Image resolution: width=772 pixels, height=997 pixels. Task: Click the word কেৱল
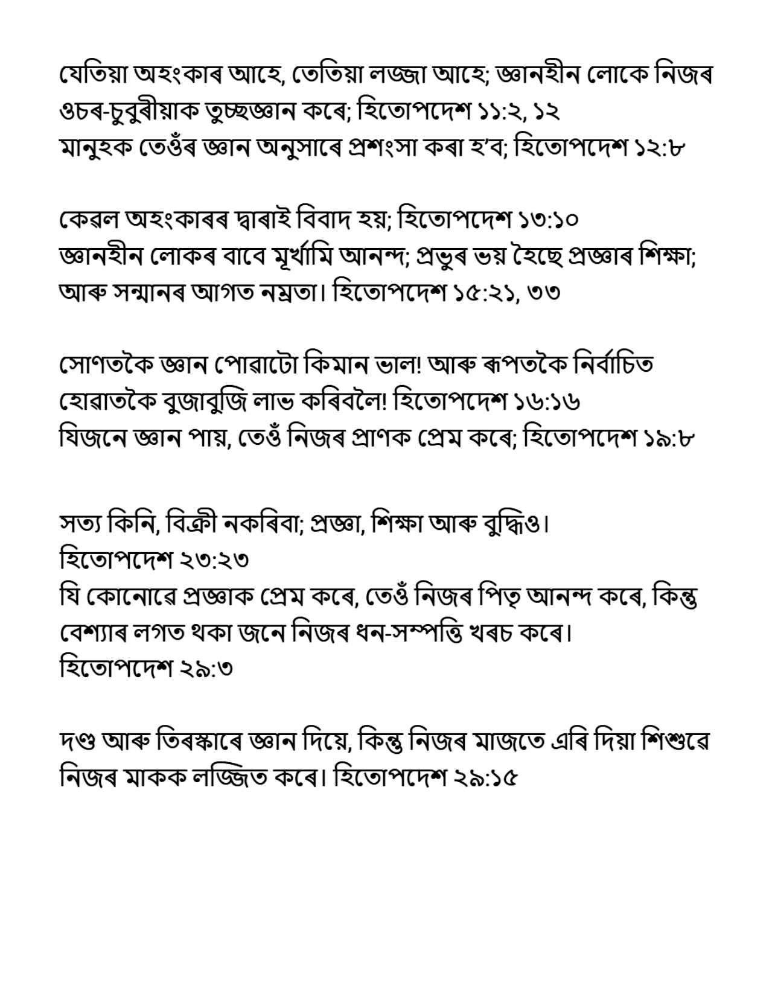89,220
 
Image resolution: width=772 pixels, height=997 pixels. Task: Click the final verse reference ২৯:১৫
485,777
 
